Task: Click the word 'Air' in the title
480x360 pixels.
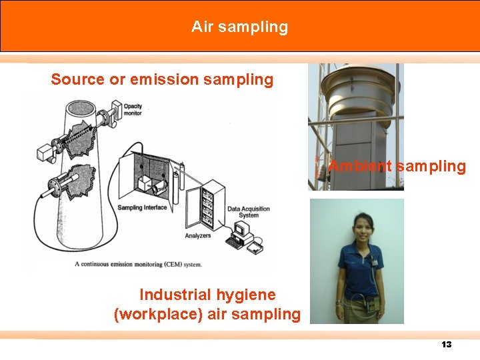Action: coord(201,27)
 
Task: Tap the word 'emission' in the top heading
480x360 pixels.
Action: coord(163,80)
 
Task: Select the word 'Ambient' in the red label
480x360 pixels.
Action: coord(360,167)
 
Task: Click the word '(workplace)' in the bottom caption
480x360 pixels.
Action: coord(158,314)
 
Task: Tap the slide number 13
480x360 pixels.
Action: coord(446,344)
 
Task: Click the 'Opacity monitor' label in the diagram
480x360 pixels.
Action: coord(132,110)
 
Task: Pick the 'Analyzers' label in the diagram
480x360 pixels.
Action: coord(198,235)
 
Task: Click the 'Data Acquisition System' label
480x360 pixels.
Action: coord(249,212)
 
